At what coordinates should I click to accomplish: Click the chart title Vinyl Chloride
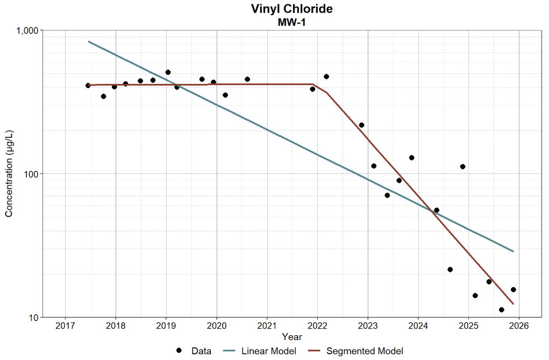(291, 9)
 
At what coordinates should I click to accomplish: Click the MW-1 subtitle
(291, 23)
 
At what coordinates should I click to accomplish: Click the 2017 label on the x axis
(65, 326)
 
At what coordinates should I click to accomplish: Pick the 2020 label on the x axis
(217, 326)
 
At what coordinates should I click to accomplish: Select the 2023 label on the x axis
(368, 326)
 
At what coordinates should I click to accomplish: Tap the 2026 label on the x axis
(519, 326)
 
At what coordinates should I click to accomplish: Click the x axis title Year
(292, 337)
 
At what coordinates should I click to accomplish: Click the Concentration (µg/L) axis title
(9, 173)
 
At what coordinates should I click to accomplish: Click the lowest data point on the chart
(502, 310)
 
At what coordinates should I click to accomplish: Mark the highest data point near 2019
(168, 72)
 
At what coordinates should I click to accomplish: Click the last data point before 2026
(514, 290)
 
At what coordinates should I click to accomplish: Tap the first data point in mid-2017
(88, 86)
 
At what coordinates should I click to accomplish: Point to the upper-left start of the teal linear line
(89, 41)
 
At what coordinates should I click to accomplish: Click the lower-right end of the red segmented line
(514, 304)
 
